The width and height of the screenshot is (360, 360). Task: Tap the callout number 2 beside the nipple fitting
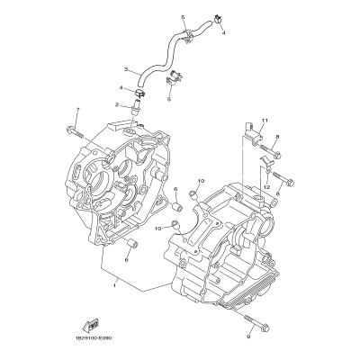(118, 104)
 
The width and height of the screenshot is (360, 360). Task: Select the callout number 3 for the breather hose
(127, 67)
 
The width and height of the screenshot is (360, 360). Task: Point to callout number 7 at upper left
(77, 110)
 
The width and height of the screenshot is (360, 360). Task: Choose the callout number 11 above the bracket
(264, 120)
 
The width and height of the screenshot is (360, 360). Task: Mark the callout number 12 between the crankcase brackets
(266, 185)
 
